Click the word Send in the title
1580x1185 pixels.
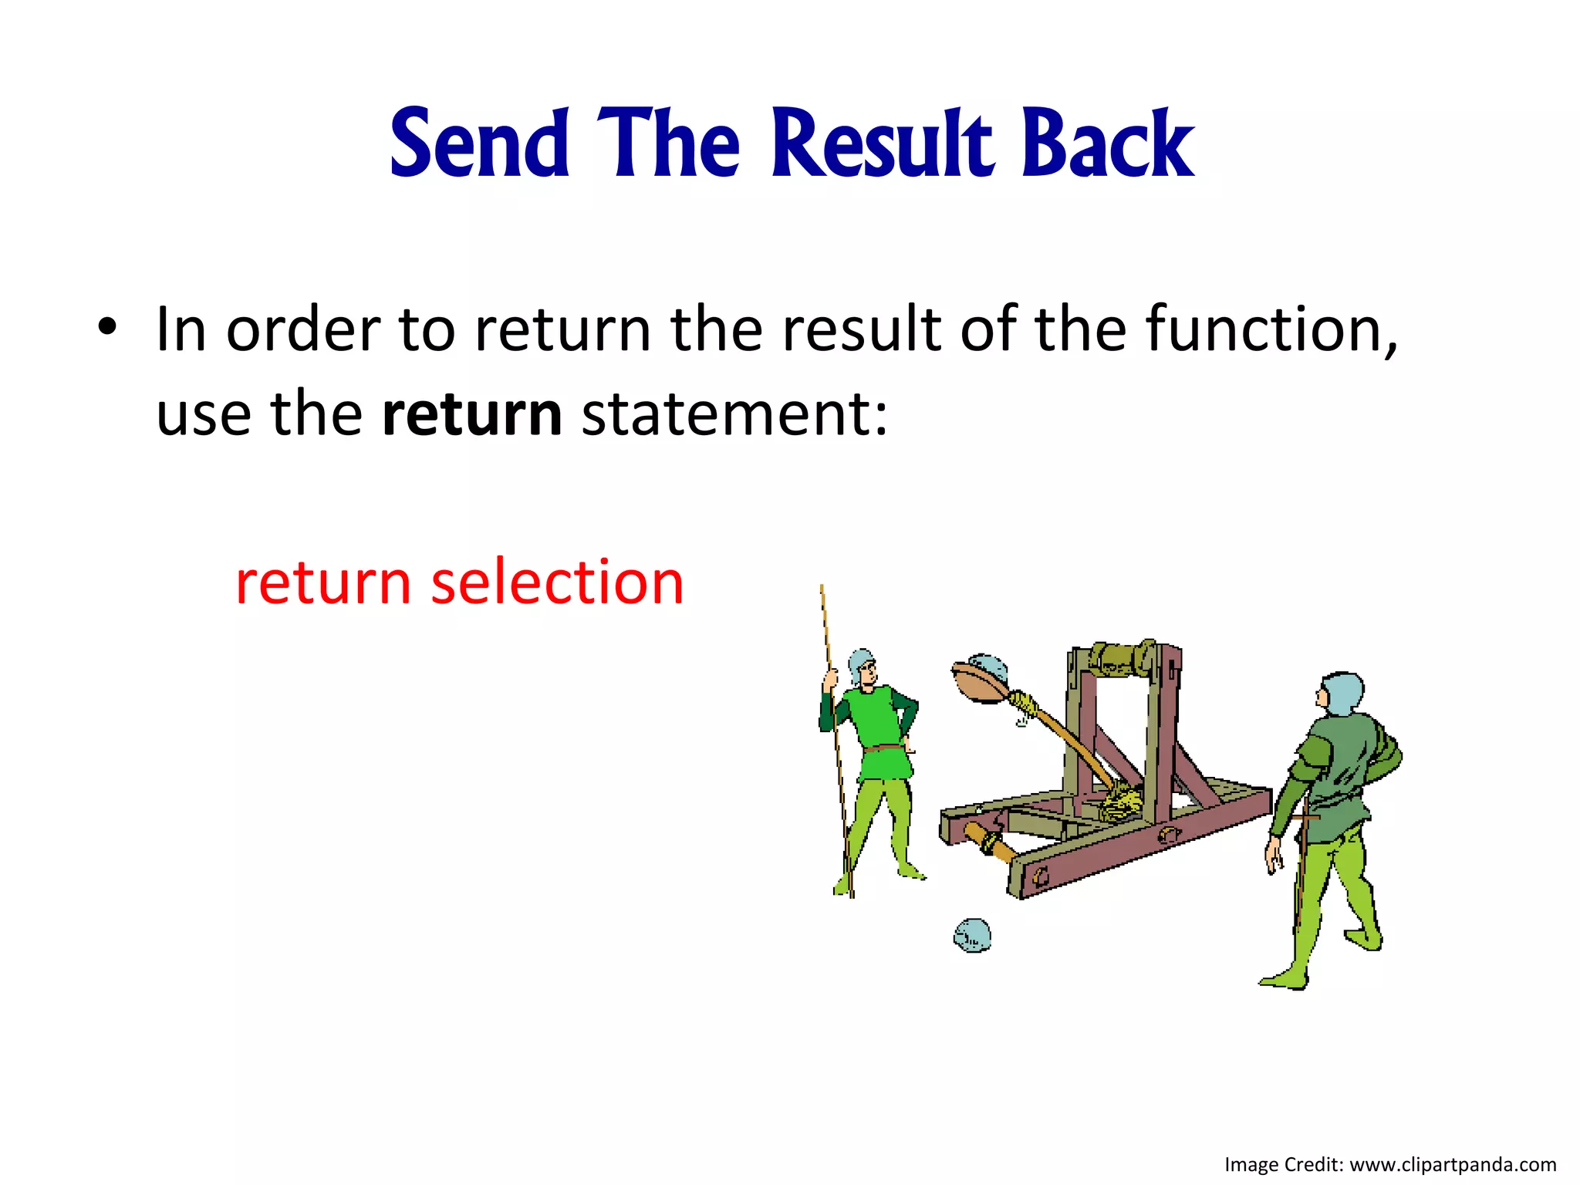pyautogui.click(x=479, y=144)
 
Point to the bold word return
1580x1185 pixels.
pyautogui.click(x=471, y=414)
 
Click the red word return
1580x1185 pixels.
pyautogui.click(x=322, y=582)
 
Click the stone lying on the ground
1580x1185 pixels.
pyautogui.click(x=972, y=935)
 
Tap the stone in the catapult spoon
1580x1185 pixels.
pyautogui.click(x=987, y=666)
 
